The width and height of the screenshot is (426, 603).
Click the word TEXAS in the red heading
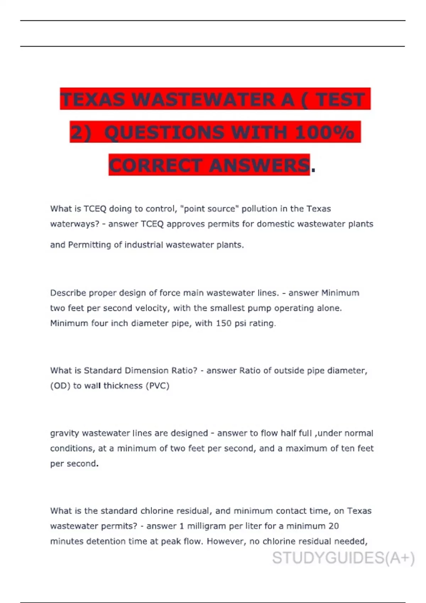point(92,99)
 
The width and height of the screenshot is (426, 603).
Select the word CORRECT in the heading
point(155,166)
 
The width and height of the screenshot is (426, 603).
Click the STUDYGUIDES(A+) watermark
point(343,558)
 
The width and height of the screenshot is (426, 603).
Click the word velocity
point(152,308)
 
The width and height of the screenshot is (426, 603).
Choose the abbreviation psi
point(240,323)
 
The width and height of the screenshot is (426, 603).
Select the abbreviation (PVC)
point(157,386)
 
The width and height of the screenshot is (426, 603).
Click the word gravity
point(64,433)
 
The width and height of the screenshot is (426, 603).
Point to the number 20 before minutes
point(333,526)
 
